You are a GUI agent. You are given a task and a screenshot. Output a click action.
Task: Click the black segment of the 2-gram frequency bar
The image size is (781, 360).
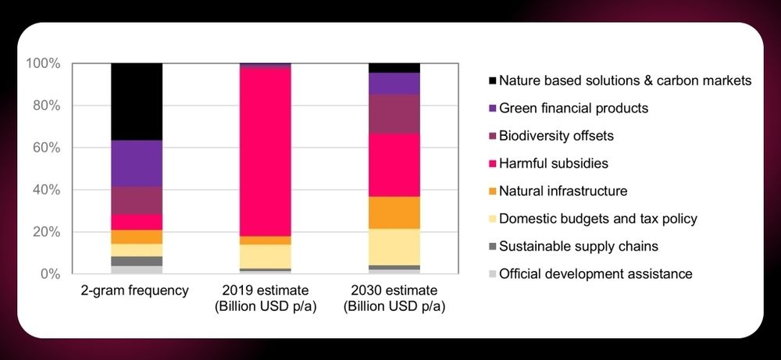[137, 102]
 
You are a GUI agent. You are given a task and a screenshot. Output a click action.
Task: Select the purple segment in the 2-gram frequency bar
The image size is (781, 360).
[137, 163]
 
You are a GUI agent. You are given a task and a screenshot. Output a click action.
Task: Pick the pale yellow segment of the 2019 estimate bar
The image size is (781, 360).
[265, 256]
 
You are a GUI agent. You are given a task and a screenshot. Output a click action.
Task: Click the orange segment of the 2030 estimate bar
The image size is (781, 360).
[394, 212]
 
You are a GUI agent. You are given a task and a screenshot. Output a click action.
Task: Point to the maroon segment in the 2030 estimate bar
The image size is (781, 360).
[394, 114]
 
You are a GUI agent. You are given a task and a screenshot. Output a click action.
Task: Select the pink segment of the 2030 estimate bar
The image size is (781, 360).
[394, 165]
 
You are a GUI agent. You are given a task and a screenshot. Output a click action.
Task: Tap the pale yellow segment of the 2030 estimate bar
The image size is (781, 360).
[394, 247]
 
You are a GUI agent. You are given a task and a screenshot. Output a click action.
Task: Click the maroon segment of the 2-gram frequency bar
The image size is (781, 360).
[137, 201]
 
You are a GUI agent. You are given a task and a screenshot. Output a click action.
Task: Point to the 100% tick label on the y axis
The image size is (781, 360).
[44, 63]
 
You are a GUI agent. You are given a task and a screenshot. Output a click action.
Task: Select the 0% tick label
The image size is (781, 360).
[50, 274]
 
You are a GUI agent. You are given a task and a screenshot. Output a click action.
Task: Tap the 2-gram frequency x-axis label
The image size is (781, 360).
[135, 290]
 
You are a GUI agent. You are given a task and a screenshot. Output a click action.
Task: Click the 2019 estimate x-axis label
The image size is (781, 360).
[265, 298]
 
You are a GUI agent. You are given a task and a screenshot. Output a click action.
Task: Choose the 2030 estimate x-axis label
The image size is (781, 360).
[394, 298]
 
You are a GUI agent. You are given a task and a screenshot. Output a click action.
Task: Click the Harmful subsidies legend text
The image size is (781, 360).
[553, 163]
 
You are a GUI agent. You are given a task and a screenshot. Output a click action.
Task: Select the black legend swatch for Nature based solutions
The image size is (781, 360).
[492, 80]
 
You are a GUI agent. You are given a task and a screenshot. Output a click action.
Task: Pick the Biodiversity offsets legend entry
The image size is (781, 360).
[556, 136]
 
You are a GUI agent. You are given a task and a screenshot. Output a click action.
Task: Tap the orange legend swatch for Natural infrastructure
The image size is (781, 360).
[492, 191]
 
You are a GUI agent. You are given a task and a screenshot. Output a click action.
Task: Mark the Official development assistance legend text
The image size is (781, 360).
[595, 274]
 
